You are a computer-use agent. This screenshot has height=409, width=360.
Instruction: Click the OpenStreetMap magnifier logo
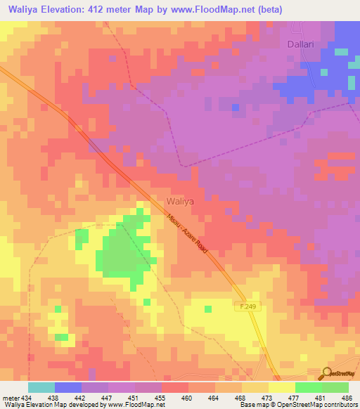(x=326, y=375)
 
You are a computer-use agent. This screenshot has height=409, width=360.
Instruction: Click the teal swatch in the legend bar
(x=41, y=387)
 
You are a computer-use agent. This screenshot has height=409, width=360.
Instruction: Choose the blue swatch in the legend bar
(x=68, y=387)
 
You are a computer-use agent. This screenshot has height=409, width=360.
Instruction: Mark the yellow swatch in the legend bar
(x=281, y=387)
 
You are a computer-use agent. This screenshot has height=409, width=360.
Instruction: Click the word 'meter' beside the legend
(x=8, y=397)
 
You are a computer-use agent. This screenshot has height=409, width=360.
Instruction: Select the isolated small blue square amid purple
(x=236, y=107)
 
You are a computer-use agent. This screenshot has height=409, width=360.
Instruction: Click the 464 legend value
(x=213, y=397)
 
